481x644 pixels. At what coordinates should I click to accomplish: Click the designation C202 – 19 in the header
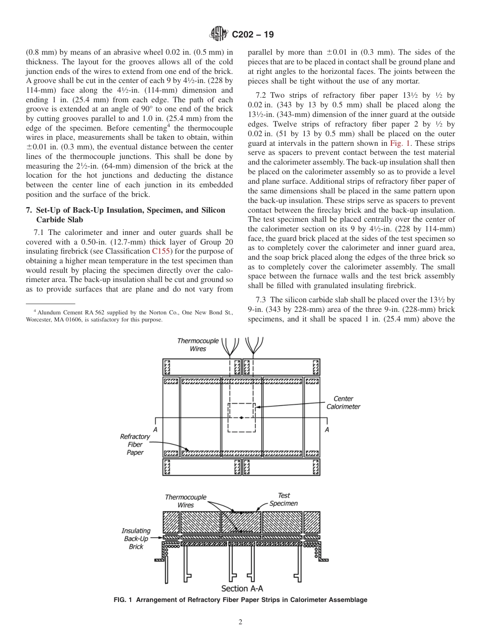(x=252, y=35)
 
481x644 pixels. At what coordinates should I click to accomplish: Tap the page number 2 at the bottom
(x=240, y=622)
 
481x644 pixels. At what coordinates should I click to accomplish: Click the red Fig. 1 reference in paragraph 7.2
(x=399, y=143)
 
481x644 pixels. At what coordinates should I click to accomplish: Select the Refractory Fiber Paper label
(x=135, y=445)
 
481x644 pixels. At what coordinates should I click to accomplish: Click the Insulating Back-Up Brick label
(x=136, y=539)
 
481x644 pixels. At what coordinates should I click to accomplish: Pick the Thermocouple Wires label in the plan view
(x=197, y=345)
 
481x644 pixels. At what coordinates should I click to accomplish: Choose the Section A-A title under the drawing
(x=242, y=589)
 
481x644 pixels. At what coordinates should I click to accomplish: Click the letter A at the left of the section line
(x=155, y=429)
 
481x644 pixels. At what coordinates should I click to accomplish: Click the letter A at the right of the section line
(x=327, y=429)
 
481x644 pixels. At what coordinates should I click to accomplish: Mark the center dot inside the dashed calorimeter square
(x=242, y=418)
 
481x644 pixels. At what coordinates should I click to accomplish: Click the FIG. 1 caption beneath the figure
(x=240, y=600)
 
